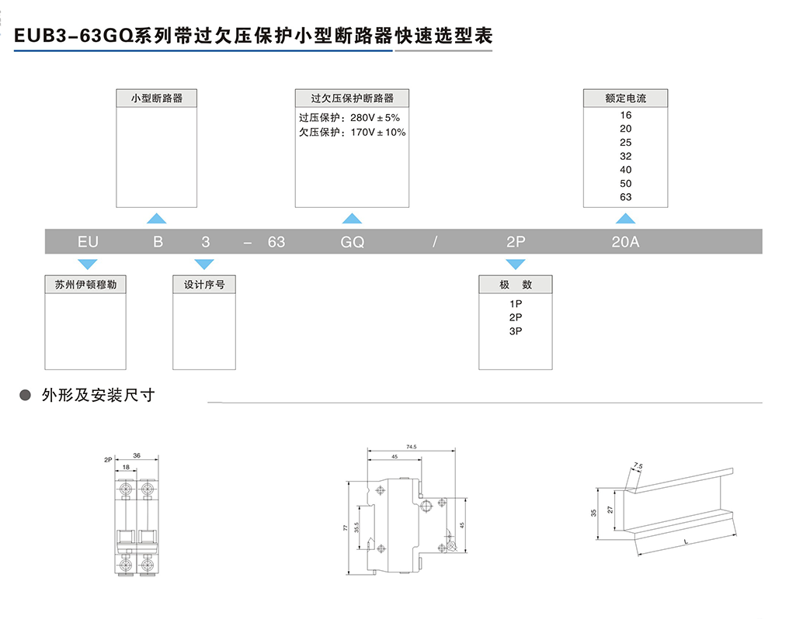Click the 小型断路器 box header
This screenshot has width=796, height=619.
(156, 99)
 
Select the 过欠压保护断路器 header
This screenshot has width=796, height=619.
(352, 99)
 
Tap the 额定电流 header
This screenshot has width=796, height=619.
(625, 99)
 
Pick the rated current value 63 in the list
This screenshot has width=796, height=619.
(625, 197)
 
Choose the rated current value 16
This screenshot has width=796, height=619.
(625, 115)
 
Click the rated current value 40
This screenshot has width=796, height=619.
(625, 170)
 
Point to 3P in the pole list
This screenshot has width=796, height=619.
(516, 331)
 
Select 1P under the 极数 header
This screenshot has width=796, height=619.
(516, 304)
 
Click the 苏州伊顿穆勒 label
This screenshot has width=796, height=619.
(85, 285)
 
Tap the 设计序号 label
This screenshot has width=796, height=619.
(204, 285)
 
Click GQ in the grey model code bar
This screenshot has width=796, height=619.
(352, 242)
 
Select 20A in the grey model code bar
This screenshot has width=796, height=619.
(625, 242)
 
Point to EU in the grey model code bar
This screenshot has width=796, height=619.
(88, 242)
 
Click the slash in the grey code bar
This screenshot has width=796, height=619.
(436, 242)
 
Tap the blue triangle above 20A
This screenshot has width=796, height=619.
(625, 220)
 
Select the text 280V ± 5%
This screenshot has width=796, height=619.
(375, 118)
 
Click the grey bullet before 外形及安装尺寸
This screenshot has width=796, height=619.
(25, 396)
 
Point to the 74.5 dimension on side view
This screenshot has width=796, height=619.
(411, 447)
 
